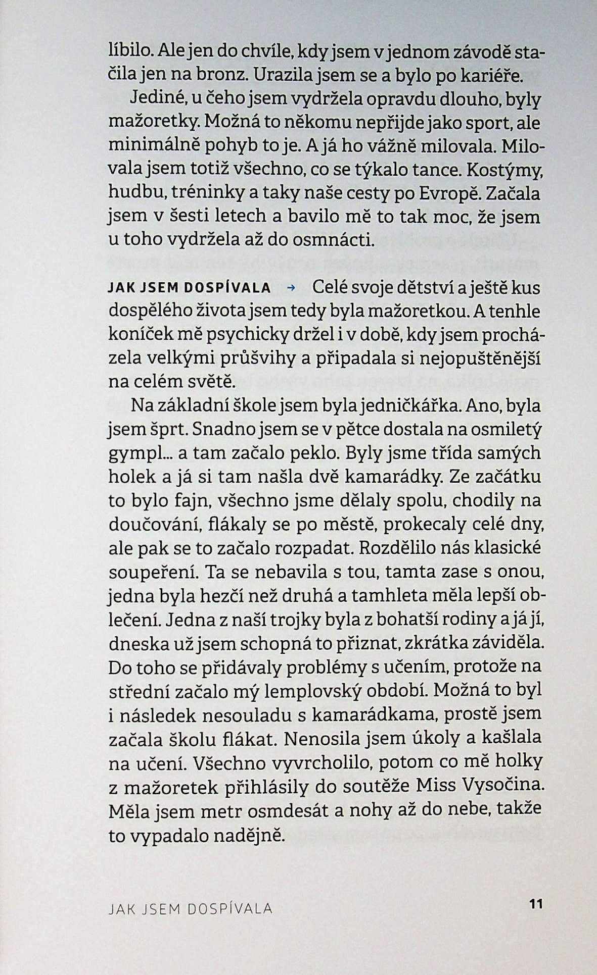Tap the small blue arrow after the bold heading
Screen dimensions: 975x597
click(x=290, y=289)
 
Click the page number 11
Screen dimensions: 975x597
click(x=535, y=903)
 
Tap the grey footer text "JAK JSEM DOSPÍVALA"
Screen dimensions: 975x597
click(x=191, y=909)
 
